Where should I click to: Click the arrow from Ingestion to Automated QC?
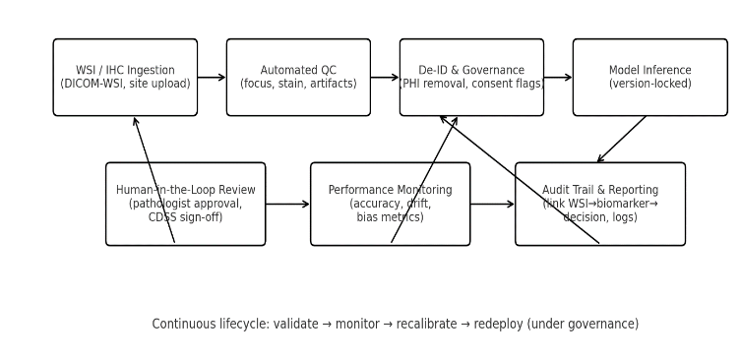212,78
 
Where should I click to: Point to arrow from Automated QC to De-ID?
385,78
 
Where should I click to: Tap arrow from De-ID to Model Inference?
558,78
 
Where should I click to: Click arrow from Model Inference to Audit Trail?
621,140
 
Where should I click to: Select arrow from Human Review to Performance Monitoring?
287,204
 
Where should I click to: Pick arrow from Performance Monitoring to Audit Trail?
492,204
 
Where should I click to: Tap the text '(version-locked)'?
649,85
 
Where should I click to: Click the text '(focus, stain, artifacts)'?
298,85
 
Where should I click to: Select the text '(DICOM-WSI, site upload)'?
125,85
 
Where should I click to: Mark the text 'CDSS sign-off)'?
185,217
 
